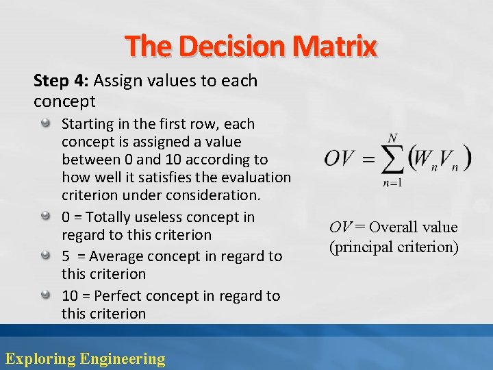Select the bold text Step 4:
click(x=61, y=81)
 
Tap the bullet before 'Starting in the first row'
click(x=45, y=124)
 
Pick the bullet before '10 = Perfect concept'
click(x=45, y=295)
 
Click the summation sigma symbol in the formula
click(x=392, y=160)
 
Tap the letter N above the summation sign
click(x=392, y=138)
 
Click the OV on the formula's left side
click(x=340, y=158)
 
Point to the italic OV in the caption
click(x=342, y=227)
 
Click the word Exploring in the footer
click(x=40, y=358)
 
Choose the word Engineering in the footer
click(x=123, y=358)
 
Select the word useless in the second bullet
click(x=170, y=217)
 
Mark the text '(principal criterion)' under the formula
click(x=394, y=247)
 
